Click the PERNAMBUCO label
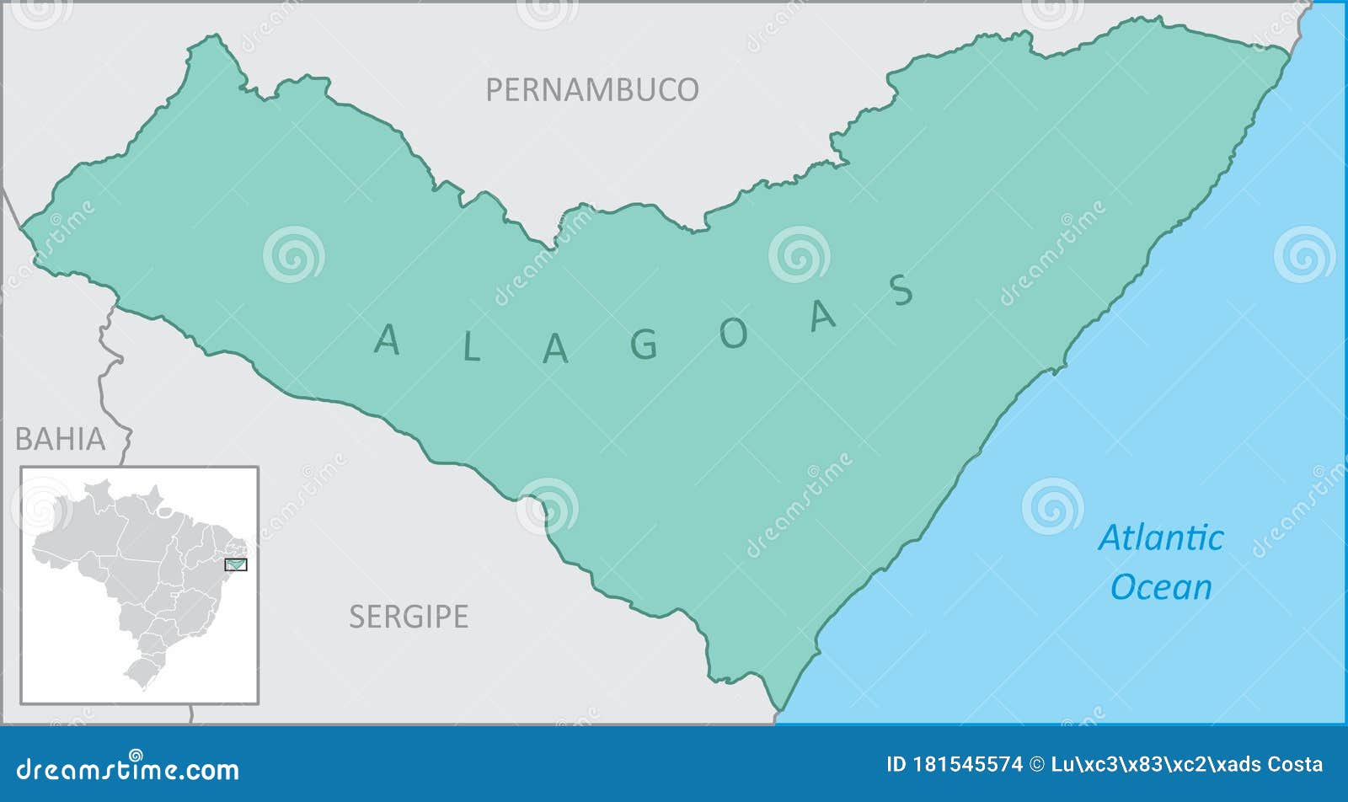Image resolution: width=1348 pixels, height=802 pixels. (591, 89)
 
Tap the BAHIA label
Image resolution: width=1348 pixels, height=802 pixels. (61, 439)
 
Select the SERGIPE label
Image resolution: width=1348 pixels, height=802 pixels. (409, 617)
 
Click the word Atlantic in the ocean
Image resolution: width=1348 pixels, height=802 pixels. (1160, 538)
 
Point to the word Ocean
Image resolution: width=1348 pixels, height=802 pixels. (1160, 587)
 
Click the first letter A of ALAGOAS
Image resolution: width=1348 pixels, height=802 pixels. (387, 340)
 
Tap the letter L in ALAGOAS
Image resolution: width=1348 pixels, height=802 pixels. (471, 348)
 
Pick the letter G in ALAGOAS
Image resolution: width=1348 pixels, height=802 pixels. (645, 345)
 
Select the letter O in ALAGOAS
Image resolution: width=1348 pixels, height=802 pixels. (733, 334)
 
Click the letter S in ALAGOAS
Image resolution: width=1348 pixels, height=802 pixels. (901, 291)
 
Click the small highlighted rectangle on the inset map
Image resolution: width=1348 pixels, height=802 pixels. (236, 564)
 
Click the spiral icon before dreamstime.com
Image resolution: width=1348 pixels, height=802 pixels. (135, 755)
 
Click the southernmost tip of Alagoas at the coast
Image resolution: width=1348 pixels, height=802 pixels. (779, 709)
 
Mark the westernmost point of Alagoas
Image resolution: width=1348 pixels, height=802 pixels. (23, 226)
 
